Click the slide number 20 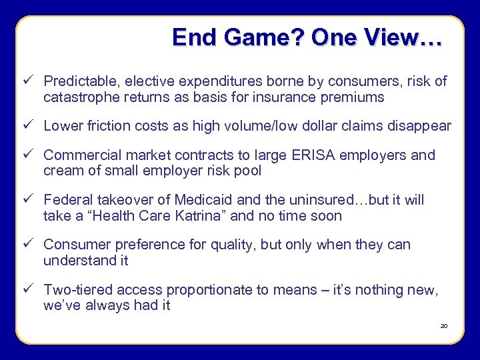(x=444, y=326)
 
